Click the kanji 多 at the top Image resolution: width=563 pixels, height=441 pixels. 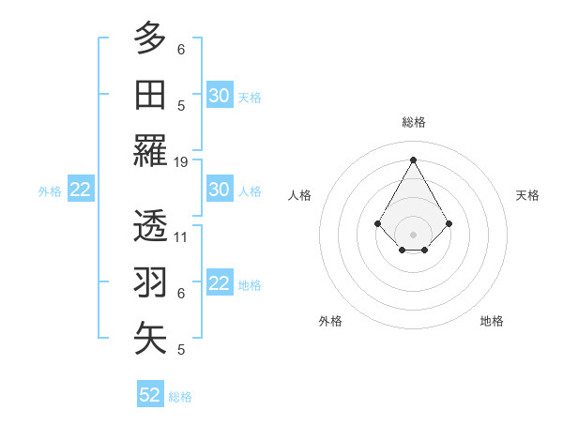(x=150, y=38)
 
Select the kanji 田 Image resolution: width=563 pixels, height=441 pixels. (x=150, y=95)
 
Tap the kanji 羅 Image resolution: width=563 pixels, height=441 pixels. (x=150, y=151)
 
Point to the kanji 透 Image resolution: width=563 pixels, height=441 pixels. (x=150, y=225)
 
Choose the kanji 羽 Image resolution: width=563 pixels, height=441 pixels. (x=150, y=281)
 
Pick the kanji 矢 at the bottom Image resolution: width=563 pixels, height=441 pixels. (x=150, y=338)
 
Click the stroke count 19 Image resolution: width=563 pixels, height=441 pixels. (x=181, y=162)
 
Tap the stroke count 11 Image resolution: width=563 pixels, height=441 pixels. (x=181, y=237)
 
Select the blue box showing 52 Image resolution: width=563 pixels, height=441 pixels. (x=150, y=395)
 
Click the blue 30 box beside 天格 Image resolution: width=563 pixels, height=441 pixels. (x=220, y=96)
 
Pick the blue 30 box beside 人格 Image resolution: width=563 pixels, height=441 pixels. (x=220, y=190)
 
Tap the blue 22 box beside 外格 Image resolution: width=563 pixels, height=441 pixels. (x=81, y=190)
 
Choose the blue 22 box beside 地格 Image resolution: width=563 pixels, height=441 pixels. (x=220, y=283)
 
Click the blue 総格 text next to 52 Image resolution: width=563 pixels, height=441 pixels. (x=180, y=397)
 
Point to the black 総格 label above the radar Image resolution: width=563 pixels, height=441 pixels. (x=414, y=122)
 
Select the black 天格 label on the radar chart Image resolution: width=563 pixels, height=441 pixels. (x=528, y=195)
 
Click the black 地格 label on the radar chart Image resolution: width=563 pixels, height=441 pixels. (x=492, y=321)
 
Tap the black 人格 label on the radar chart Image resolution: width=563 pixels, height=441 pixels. (x=300, y=195)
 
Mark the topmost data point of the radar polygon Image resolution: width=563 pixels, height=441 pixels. (x=414, y=159)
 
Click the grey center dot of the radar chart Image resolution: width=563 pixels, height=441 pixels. (x=414, y=234)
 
